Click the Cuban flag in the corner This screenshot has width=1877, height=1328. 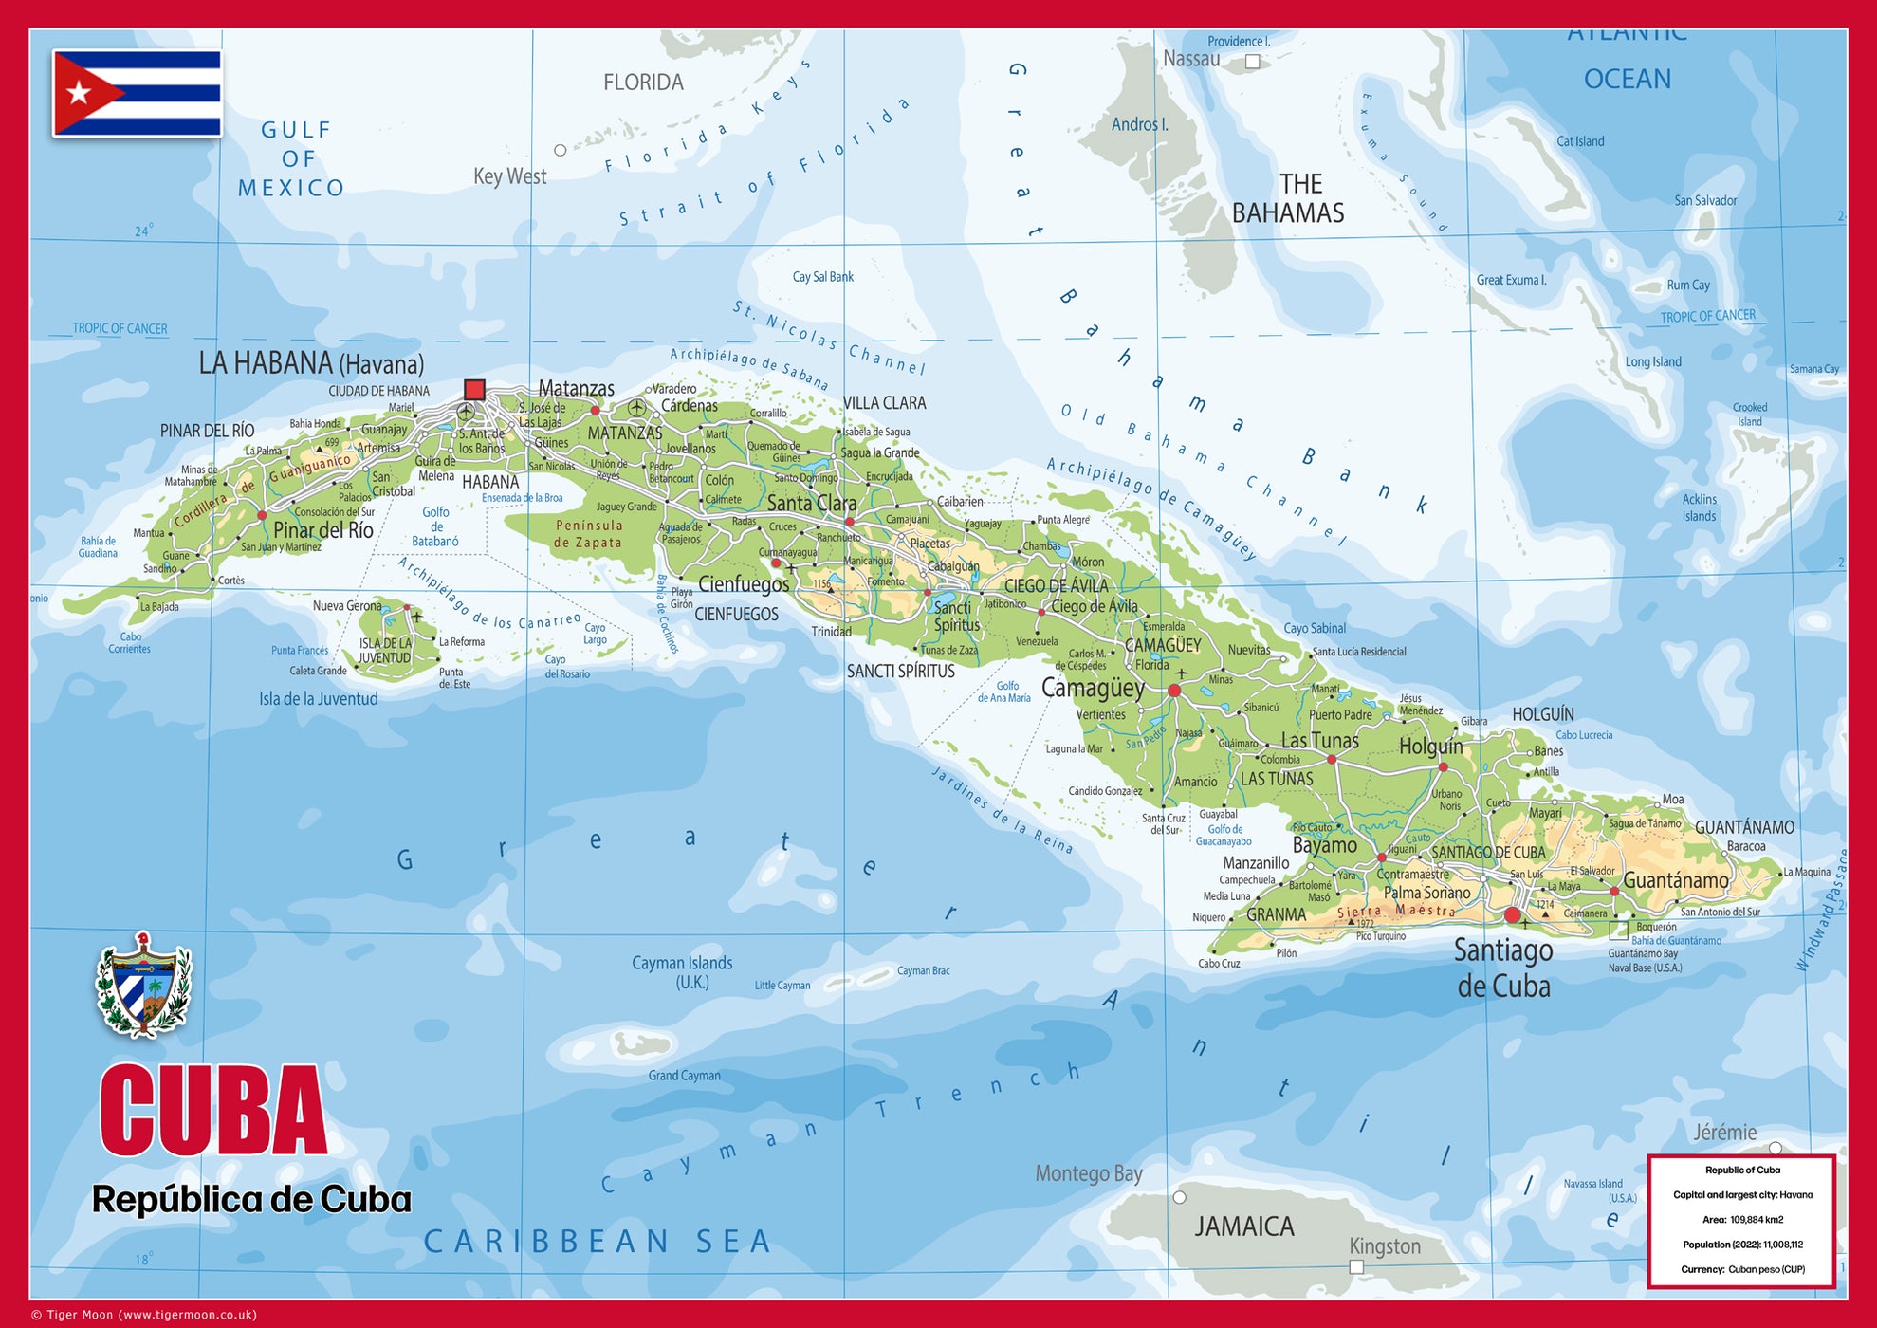[138, 93]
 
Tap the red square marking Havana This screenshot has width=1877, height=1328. [474, 389]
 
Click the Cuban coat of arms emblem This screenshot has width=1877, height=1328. [144, 984]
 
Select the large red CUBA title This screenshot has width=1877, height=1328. [213, 1111]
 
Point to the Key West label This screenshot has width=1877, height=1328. [509, 176]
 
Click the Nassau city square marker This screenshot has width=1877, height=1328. [1252, 62]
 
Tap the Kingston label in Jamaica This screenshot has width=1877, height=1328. [1385, 1245]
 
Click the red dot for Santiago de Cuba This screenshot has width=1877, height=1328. [1513, 915]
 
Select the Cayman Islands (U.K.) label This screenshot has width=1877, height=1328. [682, 972]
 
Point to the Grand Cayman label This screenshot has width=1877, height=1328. [684, 1076]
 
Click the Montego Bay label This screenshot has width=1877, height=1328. [1088, 1173]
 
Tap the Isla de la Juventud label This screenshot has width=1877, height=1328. [319, 699]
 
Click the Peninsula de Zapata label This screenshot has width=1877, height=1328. [588, 534]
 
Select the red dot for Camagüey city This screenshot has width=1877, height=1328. [1174, 691]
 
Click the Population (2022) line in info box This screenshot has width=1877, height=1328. [1742, 1245]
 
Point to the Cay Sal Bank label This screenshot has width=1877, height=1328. [822, 277]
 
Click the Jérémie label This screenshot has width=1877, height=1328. [1724, 1132]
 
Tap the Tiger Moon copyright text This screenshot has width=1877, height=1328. [144, 1315]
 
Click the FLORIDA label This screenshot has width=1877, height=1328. [643, 83]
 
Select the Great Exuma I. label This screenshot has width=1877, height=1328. [1511, 280]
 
